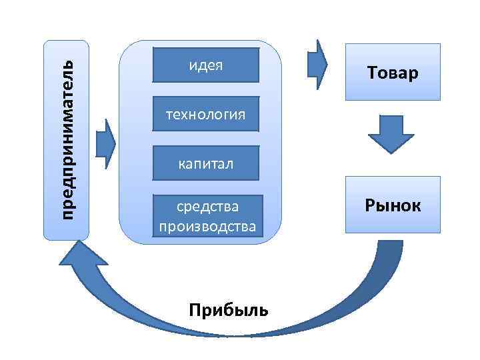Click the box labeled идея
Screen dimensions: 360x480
(205, 65)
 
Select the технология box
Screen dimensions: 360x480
(205, 115)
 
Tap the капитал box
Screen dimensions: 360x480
(205, 163)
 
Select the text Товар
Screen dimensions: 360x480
(392, 72)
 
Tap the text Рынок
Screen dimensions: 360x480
(392, 205)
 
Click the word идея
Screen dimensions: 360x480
(205, 65)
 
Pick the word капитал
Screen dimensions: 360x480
(205, 163)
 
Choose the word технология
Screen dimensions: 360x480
(205, 115)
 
